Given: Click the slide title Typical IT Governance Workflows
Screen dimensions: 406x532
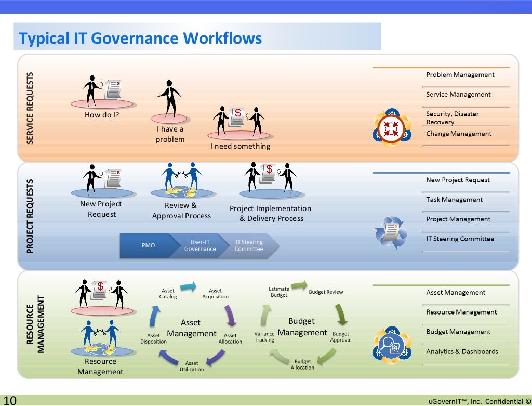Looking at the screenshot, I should click(140, 38).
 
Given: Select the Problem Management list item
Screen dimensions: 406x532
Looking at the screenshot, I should click(460, 75).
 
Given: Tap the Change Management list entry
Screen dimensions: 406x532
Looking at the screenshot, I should click(459, 134).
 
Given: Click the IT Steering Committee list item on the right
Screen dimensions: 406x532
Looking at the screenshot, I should click(460, 239).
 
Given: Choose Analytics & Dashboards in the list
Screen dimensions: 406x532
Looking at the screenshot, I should click(462, 351).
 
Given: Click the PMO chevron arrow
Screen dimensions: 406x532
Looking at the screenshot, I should click(148, 245).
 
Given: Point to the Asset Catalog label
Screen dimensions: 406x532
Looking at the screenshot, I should click(168, 294).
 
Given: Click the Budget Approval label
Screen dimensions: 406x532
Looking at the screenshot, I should click(341, 337).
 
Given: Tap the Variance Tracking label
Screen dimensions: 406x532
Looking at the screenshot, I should click(264, 337).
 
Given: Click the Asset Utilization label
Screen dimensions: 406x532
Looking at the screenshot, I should click(192, 366).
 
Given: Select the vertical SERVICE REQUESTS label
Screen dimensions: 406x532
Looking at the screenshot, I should click(30, 108).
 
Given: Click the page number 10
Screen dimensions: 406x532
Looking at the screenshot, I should click(10, 400).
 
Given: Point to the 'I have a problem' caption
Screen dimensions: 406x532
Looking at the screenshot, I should click(170, 134).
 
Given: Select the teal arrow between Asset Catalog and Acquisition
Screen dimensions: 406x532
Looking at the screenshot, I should click(188, 286).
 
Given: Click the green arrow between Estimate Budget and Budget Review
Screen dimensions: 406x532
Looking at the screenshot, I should click(299, 285).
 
